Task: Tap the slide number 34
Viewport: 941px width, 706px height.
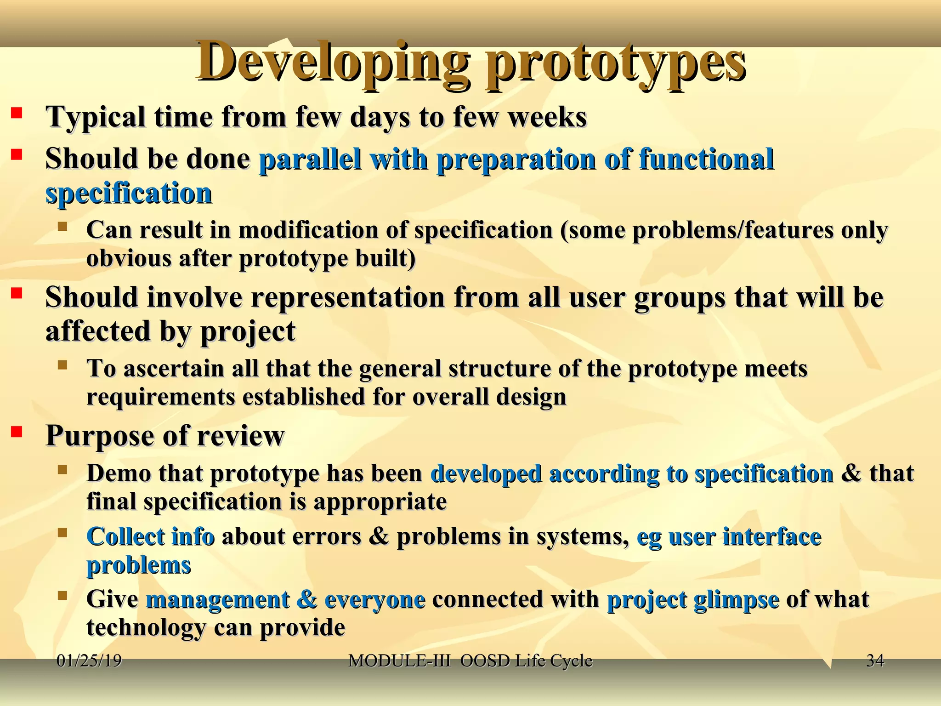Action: [875, 660]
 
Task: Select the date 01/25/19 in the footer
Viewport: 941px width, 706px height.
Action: [89, 660]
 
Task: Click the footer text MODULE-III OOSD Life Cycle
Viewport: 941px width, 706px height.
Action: [470, 660]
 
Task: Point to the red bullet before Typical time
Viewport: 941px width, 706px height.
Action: [17, 113]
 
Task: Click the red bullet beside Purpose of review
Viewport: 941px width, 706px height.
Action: [17, 432]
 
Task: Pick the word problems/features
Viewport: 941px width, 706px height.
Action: [732, 230]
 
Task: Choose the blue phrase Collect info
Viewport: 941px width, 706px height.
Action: [150, 536]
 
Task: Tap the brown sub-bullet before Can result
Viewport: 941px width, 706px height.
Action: [62, 227]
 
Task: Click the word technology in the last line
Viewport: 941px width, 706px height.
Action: [146, 627]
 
